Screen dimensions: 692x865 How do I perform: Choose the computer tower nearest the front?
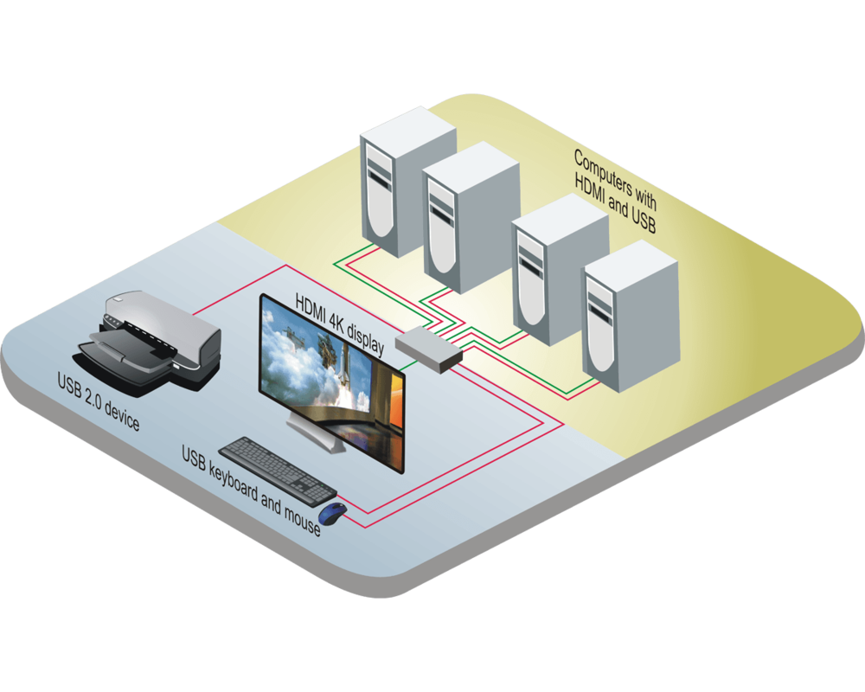point(629,316)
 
